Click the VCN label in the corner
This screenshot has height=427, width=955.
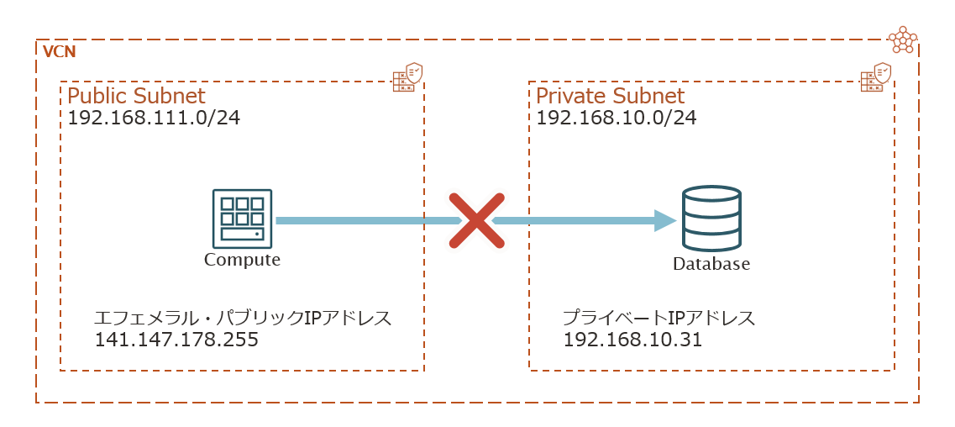pyautogui.click(x=59, y=52)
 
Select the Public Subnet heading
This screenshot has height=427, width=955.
pyautogui.click(x=136, y=96)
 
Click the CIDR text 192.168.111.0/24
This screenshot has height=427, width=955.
pyautogui.click(x=154, y=118)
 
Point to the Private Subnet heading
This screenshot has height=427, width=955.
pyautogui.click(x=610, y=96)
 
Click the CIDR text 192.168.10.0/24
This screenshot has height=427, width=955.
pyautogui.click(x=616, y=118)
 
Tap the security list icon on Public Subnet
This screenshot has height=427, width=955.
pyautogui.click(x=407, y=76)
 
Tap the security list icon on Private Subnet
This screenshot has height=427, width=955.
pyautogui.click(x=876, y=76)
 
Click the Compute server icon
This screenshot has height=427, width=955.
pyautogui.click(x=242, y=218)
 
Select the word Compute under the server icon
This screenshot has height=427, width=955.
pyautogui.click(x=242, y=260)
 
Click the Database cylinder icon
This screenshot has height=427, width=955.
pyautogui.click(x=711, y=219)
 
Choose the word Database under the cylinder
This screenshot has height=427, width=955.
pyautogui.click(x=711, y=265)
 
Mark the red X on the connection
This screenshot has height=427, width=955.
pyautogui.click(x=476, y=220)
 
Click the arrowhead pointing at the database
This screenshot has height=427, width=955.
pyautogui.click(x=665, y=220)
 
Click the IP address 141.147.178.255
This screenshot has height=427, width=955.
pyautogui.click(x=176, y=340)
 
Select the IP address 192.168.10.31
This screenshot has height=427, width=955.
pyautogui.click(x=632, y=340)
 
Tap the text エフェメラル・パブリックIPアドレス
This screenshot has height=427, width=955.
pyautogui.click(x=243, y=319)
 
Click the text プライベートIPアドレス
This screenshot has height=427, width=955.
pyautogui.click(x=659, y=319)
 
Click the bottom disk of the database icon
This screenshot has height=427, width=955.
pyautogui.click(x=711, y=240)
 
